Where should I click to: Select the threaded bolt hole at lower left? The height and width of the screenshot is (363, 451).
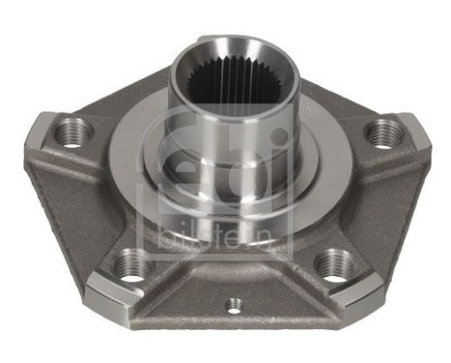click(129, 264)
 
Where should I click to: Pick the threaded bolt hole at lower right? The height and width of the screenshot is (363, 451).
click(333, 262)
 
